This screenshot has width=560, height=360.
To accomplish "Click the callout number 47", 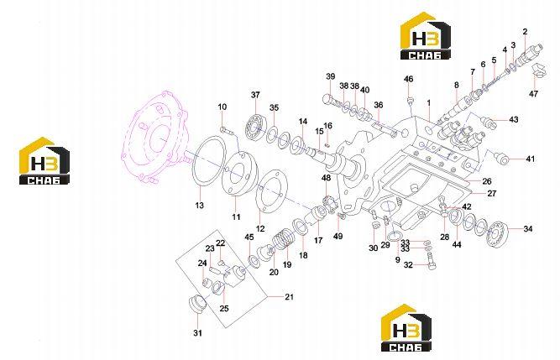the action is click(x=533, y=94).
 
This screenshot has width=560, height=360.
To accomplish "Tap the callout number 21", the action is click(x=289, y=296).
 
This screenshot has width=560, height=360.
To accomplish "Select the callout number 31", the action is click(x=197, y=333).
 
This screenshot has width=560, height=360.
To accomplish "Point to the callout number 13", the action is click(x=199, y=205).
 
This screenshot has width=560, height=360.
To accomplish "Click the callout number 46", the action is click(x=408, y=79).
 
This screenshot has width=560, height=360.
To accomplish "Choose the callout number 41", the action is click(x=531, y=159).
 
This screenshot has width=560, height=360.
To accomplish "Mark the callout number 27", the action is click(x=492, y=193).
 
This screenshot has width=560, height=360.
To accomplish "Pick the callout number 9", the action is click(x=397, y=260).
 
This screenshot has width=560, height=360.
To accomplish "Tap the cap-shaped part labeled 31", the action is click(x=197, y=304).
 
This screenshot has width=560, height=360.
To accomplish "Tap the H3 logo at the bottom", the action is click(x=406, y=327).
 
